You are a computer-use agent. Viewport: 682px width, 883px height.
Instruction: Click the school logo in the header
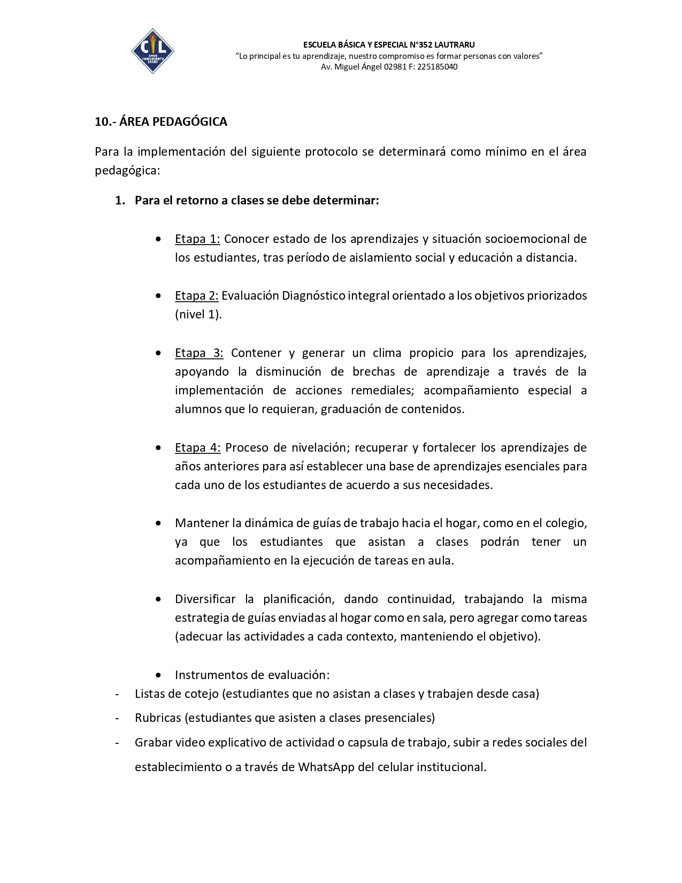tap(152, 51)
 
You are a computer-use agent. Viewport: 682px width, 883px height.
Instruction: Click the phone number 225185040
tap(437, 67)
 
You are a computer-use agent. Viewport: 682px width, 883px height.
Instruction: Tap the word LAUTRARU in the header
tap(454, 44)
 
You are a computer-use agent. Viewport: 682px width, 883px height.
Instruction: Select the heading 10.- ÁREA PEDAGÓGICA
tap(161, 121)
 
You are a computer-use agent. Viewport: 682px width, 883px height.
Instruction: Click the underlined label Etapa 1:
tap(197, 239)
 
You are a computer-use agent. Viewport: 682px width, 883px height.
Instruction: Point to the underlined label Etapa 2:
tap(196, 295)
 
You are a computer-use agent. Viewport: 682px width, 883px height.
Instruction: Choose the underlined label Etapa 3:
tap(199, 353)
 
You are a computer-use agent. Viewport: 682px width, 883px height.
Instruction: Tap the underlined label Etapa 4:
tap(197, 447)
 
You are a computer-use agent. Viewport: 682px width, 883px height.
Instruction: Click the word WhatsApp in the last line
tap(326, 767)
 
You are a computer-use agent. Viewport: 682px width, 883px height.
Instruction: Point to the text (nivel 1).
tap(198, 314)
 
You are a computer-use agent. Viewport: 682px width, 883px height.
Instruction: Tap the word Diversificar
tap(206, 599)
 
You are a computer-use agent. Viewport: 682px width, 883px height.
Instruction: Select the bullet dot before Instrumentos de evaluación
tap(158, 675)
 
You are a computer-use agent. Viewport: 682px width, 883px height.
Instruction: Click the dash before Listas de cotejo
tap(117, 694)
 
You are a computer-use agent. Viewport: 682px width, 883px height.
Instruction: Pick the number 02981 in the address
tap(394, 67)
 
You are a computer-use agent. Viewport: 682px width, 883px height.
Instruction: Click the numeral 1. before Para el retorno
tap(120, 200)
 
